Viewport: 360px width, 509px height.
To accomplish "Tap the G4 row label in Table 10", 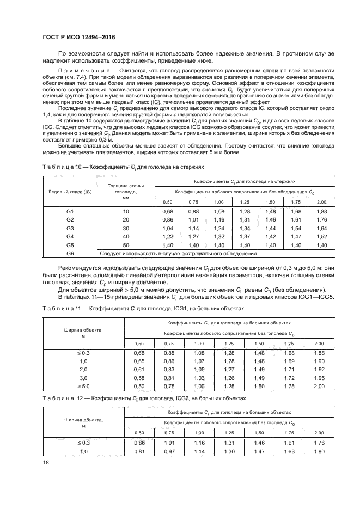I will pyautogui.click(x=70, y=237).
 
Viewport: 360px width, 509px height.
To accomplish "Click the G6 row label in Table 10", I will pyautogui.click(x=70, y=253).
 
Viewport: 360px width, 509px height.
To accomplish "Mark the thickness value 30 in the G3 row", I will pyautogui.click(x=126, y=228).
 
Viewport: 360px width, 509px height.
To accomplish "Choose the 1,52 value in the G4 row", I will pyautogui.click(x=321, y=237).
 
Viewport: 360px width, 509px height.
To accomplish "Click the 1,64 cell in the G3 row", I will pyautogui.click(x=321, y=228).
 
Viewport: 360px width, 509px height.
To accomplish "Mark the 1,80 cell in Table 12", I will pyautogui.click(x=321, y=451).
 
